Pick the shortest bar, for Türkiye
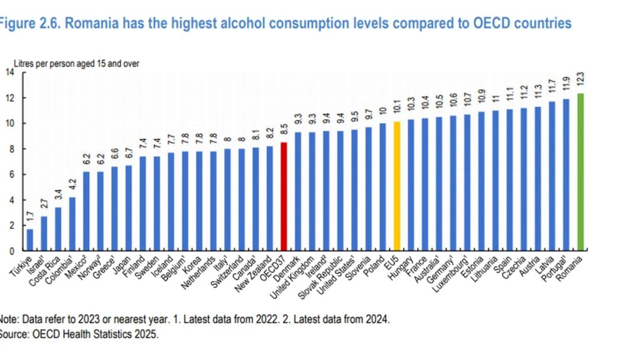[30, 240]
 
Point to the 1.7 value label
[30, 220]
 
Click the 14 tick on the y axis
[9, 72]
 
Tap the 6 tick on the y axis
[12, 175]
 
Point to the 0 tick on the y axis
[12, 251]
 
